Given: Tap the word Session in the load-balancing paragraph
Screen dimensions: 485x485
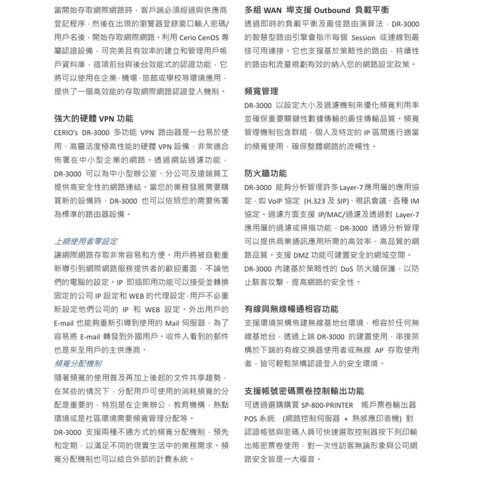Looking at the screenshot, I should coord(363,37).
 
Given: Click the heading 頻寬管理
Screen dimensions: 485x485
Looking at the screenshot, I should coord(261,91).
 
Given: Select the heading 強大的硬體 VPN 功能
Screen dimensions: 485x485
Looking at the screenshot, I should coord(94,119).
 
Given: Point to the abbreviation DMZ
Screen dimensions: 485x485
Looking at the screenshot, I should coord(299,255).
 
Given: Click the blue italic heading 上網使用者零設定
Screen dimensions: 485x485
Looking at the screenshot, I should coord(85,241).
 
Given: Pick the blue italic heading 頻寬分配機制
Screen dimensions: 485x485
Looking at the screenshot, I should coord(78,363).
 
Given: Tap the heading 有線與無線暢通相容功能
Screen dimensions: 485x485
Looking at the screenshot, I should coord(291,309).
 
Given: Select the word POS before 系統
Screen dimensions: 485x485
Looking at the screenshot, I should coord(252,418).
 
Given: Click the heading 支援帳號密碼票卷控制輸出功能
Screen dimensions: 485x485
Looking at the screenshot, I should coord(304,391).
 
